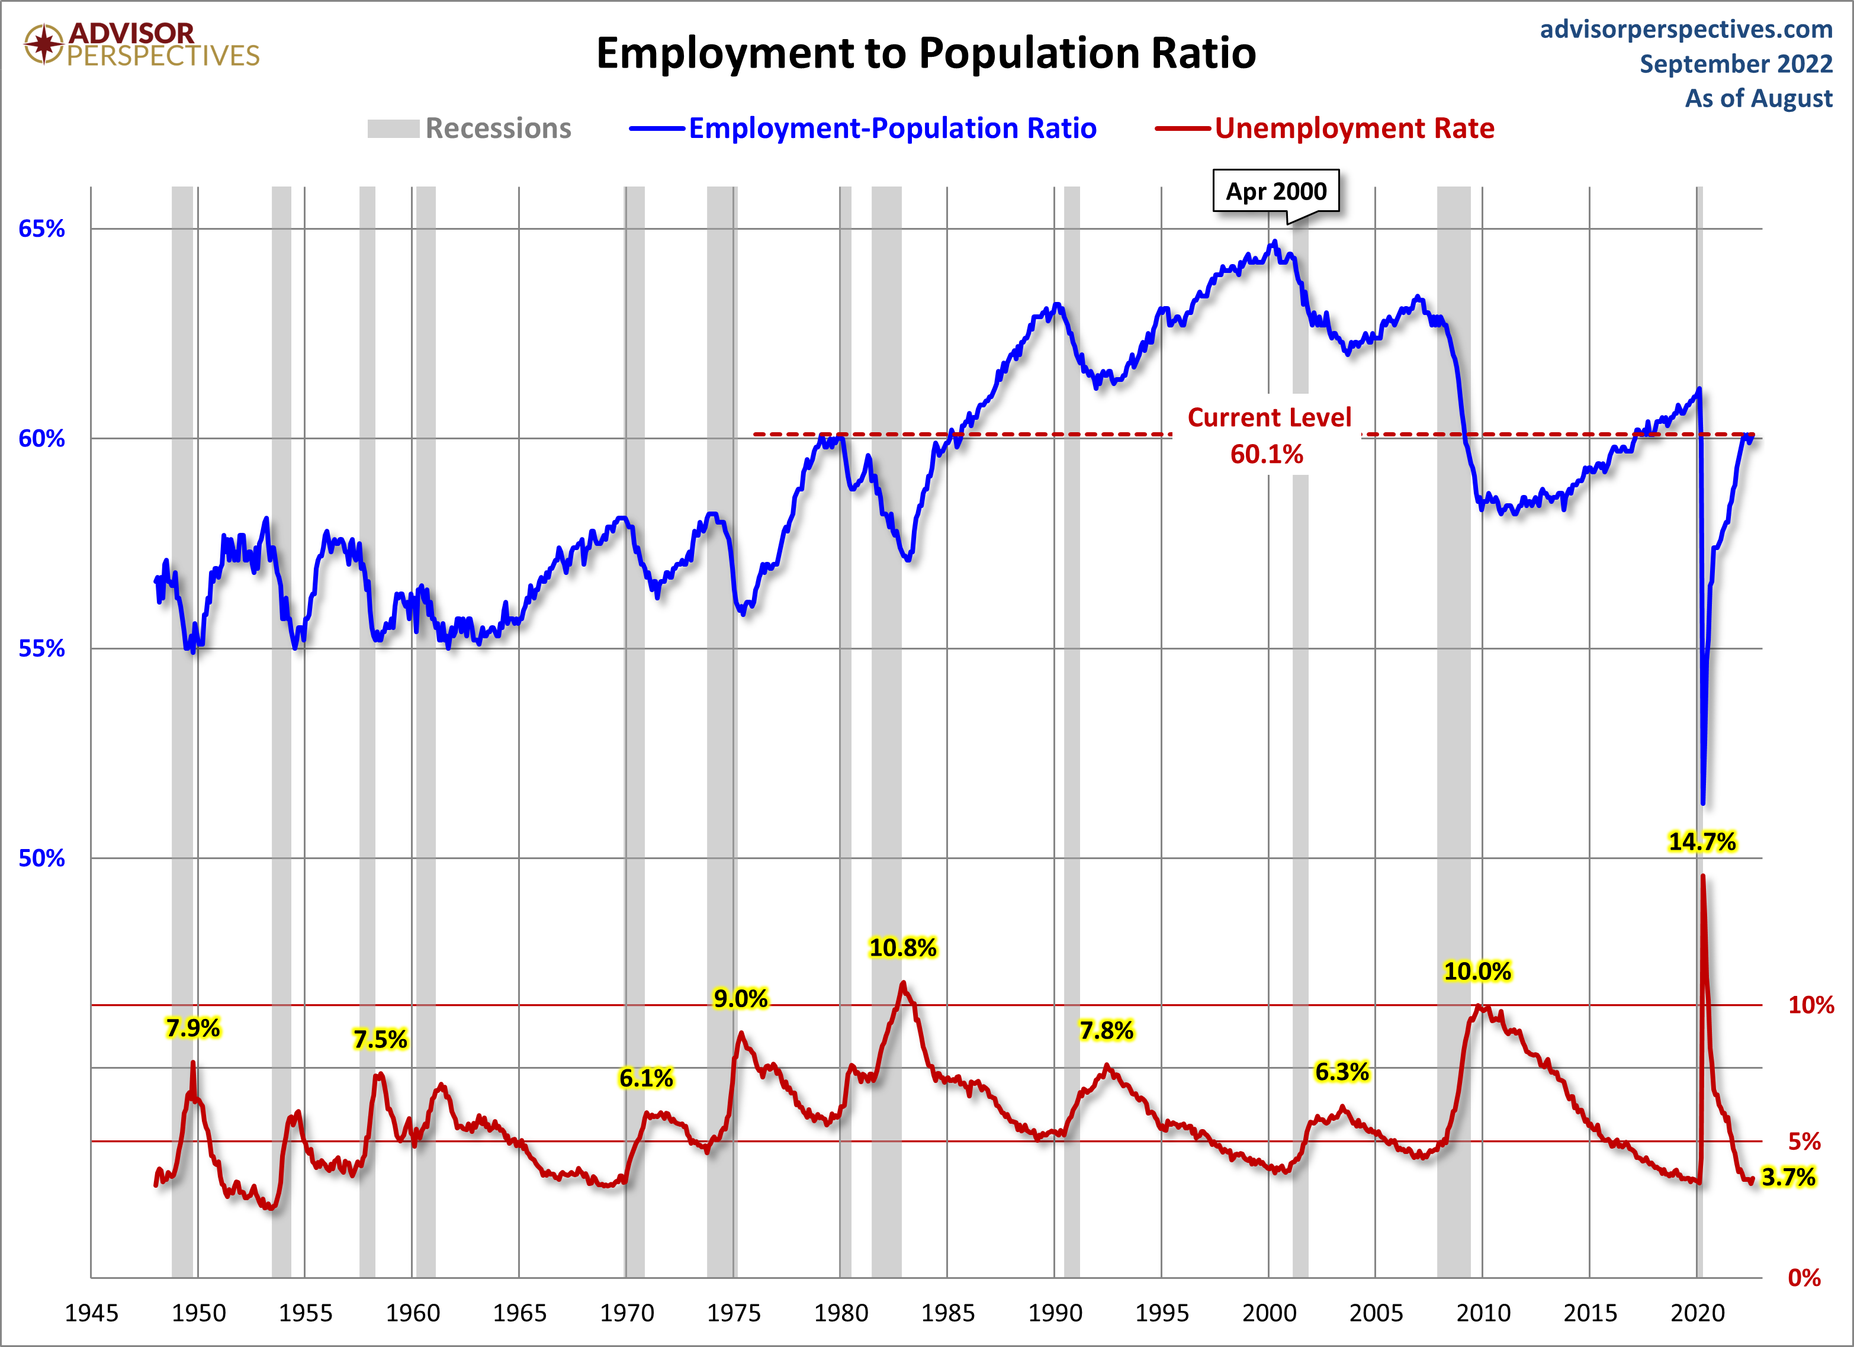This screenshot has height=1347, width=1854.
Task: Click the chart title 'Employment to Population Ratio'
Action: pos(926,53)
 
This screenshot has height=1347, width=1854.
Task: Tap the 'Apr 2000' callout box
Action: pos(1275,191)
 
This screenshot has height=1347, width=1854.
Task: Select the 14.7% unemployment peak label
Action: pos(1701,841)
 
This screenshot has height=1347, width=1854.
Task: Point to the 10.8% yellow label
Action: pos(902,947)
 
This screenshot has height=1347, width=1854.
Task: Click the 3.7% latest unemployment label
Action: pos(1788,1177)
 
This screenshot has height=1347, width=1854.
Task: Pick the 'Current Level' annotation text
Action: pos(1269,417)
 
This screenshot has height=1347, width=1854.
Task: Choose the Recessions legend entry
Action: pos(470,128)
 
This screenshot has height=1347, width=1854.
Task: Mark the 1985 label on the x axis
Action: pos(947,1313)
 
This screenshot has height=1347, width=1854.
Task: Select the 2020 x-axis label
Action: pos(1697,1313)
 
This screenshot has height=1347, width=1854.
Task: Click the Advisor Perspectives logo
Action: pos(142,44)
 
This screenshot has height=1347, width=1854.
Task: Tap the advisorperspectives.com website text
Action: pos(1686,30)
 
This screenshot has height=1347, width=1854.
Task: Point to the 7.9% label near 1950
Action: pos(193,1027)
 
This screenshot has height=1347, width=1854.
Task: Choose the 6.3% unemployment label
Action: pos(1341,1072)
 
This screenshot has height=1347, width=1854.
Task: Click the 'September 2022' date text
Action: pos(1736,64)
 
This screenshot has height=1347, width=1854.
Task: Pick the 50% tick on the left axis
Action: pos(41,857)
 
